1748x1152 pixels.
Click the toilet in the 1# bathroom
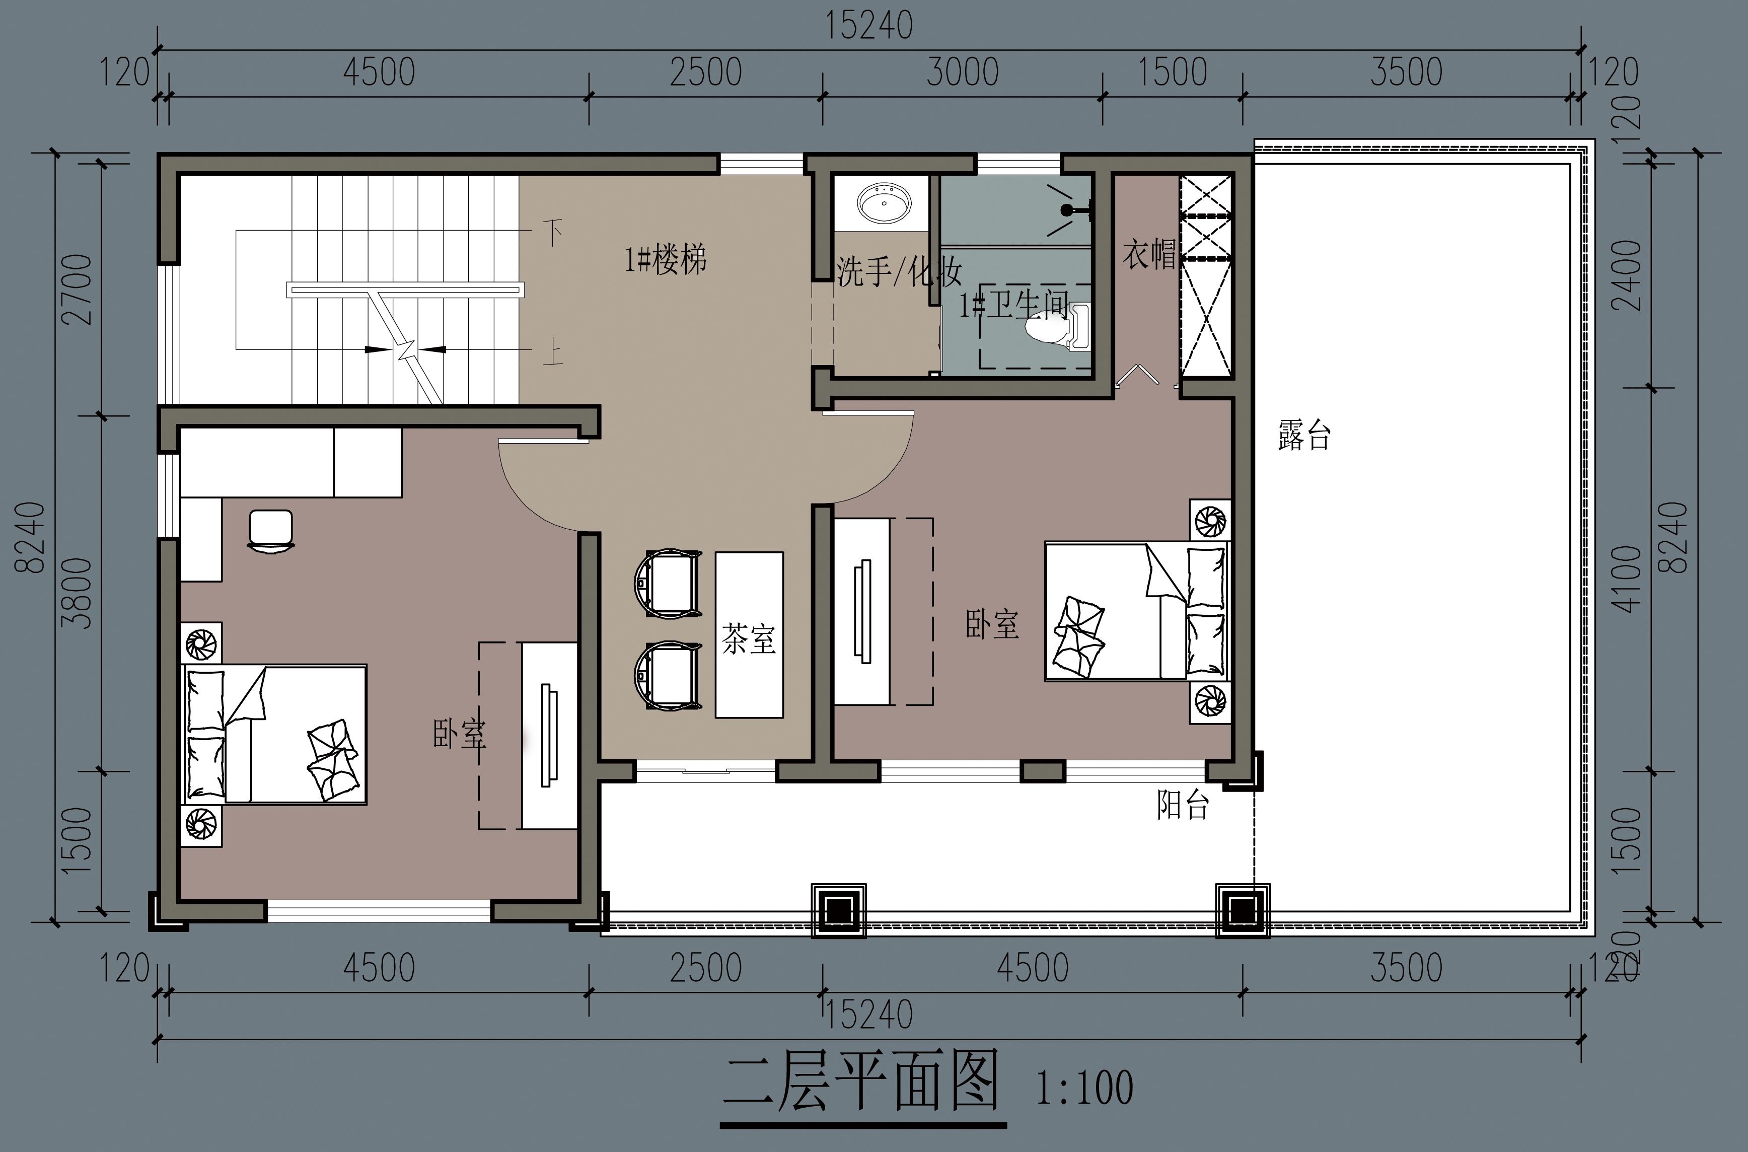click(x=1058, y=327)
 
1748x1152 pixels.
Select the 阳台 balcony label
click(x=1183, y=805)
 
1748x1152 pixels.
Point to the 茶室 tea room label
click(x=749, y=638)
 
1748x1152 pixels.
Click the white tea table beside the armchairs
click(x=749, y=635)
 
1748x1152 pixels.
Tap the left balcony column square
click(x=838, y=911)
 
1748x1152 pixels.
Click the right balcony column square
click(x=1242, y=911)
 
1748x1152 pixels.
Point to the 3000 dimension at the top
click(x=962, y=72)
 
